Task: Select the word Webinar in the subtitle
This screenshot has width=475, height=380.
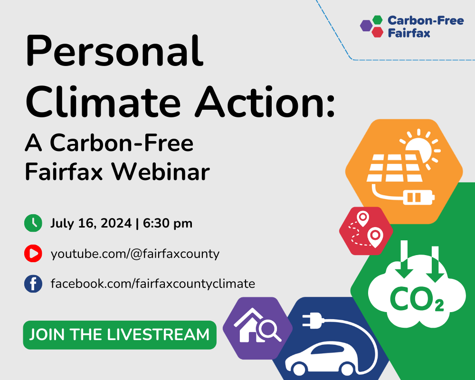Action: (160, 172)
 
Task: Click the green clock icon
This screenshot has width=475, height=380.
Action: (33, 223)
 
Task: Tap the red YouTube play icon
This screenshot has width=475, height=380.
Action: (33, 254)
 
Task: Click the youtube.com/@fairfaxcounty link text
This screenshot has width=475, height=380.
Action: (135, 254)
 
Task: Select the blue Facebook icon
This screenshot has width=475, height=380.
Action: (33, 284)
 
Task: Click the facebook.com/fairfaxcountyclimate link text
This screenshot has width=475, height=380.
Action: (152, 284)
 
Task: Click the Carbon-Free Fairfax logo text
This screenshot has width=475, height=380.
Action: (425, 27)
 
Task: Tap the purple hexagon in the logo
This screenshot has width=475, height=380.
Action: (366, 26)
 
